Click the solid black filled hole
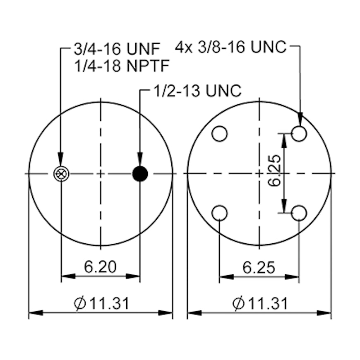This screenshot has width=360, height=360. pyautogui.click(x=140, y=174)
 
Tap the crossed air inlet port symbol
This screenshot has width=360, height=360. pyautogui.click(x=61, y=174)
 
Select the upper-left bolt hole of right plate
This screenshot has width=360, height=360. pyautogui.click(x=219, y=134)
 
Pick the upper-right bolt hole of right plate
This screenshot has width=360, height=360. pyautogui.click(x=299, y=134)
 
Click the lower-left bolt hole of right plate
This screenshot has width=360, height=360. pyautogui.click(x=219, y=213)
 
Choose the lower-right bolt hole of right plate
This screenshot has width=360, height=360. pyautogui.click(x=299, y=213)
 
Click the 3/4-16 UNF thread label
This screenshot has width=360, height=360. pyautogui.click(x=117, y=49)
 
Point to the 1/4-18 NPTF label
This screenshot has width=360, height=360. pyautogui.click(x=122, y=66)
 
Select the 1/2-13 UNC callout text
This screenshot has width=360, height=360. pyautogui.click(x=197, y=91)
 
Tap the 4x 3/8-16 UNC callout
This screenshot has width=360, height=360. pyautogui.click(x=231, y=47)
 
